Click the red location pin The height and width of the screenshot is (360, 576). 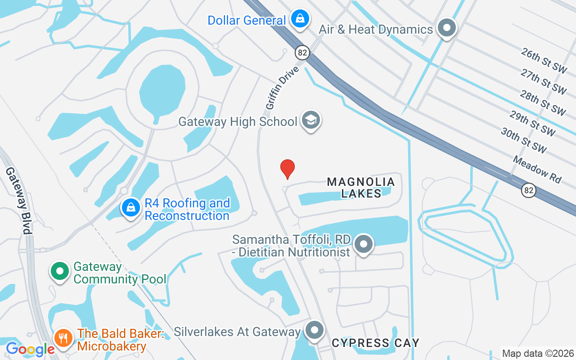click(288, 169)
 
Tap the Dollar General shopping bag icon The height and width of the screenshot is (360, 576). click(299, 19)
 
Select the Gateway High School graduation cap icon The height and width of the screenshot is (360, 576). click(310, 120)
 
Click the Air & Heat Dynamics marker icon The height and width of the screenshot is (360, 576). click(446, 28)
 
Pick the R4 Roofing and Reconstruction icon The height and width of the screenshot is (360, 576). click(130, 208)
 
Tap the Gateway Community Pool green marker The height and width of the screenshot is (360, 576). click(59, 271)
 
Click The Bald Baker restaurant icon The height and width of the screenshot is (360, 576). click(64, 337)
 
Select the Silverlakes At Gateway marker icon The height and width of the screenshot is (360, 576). click(315, 331)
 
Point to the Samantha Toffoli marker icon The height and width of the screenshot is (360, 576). click(364, 245)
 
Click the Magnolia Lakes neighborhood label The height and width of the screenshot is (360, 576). click(361, 188)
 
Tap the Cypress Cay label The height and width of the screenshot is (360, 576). click(375, 343)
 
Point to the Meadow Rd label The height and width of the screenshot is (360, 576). click(537, 169)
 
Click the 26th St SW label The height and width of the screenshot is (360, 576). click(544, 60)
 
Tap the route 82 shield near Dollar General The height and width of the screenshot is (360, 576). click(302, 53)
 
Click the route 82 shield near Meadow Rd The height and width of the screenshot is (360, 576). click(529, 190)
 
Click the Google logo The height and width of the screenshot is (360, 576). click(30, 349)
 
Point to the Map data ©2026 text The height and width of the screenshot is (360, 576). click(538, 353)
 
